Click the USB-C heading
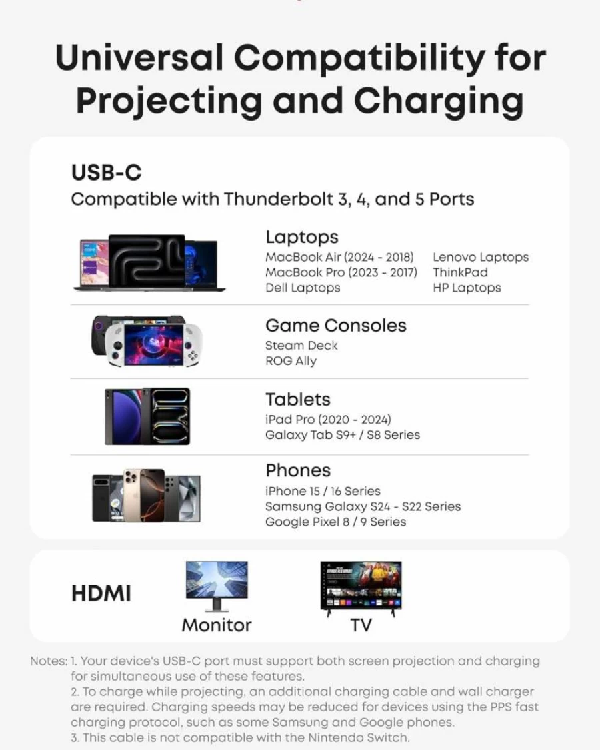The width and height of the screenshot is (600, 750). [x=106, y=173]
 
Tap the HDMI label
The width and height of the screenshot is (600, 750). [x=101, y=593]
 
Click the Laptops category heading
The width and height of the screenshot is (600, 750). [x=302, y=237]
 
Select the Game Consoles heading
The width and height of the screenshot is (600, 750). [x=336, y=326]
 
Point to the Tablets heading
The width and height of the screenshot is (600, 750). [x=298, y=400]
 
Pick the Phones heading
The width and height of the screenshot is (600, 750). [x=298, y=470]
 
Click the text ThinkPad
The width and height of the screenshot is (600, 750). [x=460, y=272]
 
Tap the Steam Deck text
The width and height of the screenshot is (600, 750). [x=301, y=345]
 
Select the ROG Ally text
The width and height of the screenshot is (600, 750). [x=291, y=361]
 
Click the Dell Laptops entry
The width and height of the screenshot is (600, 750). [x=303, y=288]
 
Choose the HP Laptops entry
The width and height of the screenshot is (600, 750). [x=467, y=288]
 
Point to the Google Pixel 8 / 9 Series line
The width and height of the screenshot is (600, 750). [x=336, y=522]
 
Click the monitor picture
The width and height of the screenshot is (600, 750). [x=217, y=586]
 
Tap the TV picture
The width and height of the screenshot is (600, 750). [x=361, y=588]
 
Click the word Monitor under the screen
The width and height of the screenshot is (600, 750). [x=217, y=625]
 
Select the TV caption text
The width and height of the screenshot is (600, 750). [x=361, y=625]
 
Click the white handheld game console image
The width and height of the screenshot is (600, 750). [x=153, y=344]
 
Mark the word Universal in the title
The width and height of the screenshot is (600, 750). [x=139, y=58]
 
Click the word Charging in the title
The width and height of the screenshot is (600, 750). [x=439, y=101]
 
